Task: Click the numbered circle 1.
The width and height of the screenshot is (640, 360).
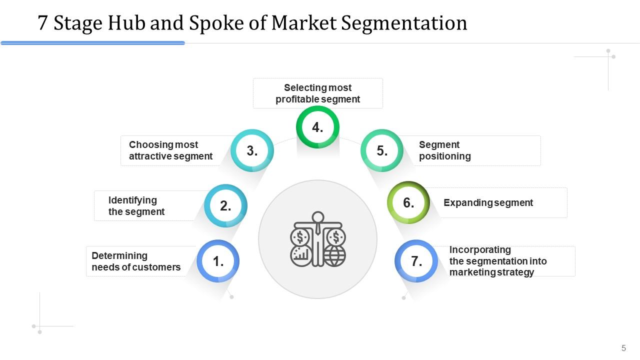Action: click(x=218, y=261)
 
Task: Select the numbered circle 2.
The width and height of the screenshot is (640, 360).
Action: click(x=225, y=205)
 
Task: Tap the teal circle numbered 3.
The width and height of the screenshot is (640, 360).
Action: click(x=252, y=150)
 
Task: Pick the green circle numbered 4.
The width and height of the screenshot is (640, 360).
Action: click(x=317, y=127)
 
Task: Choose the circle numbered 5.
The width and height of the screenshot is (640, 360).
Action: click(x=382, y=150)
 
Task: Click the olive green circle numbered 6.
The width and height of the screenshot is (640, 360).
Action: click(x=408, y=202)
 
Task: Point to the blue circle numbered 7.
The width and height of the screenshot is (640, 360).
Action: click(x=416, y=261)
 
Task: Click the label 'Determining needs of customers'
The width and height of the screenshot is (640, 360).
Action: click(x=136, y=261)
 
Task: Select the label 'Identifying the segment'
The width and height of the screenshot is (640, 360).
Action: click(x=136, y=206)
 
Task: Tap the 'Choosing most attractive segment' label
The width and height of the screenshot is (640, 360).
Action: click(x=170, y=150)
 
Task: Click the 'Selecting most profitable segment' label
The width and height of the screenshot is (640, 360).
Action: click(x=317, y=93)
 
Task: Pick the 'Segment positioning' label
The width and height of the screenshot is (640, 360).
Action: click(x=445, y=150)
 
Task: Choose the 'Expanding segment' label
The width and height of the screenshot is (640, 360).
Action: click(x=488, y=203)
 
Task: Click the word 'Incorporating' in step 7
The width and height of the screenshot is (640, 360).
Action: click(x=480, y=249)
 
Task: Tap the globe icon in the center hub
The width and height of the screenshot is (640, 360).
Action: click(x=334, y=256)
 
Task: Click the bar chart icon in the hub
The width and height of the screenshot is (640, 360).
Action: click(x=301, y=256)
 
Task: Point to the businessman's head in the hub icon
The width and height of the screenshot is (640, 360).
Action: click(x=318, y=217)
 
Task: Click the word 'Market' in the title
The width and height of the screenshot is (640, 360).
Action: click(x=304, y=23)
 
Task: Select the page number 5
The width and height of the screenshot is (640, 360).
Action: click(x=623, y=348)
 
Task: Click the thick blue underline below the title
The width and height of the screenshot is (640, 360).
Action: click(x=92, y=43)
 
